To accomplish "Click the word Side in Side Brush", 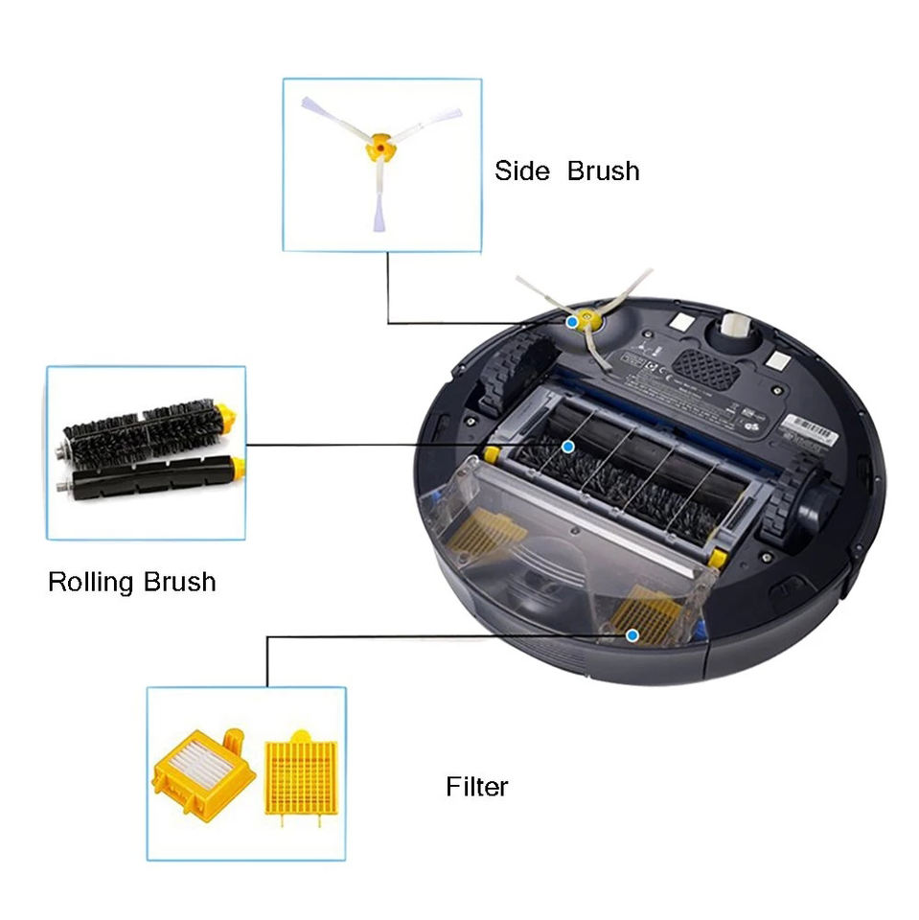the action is [521, 172].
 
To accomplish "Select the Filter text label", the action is [476, 787].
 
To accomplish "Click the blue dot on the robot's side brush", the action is [572, 322].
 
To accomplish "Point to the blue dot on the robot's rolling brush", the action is [567, 447].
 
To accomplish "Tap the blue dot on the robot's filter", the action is [632, 634].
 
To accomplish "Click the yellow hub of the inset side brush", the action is [380, 149].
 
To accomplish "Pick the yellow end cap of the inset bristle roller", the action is [226, 415].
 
